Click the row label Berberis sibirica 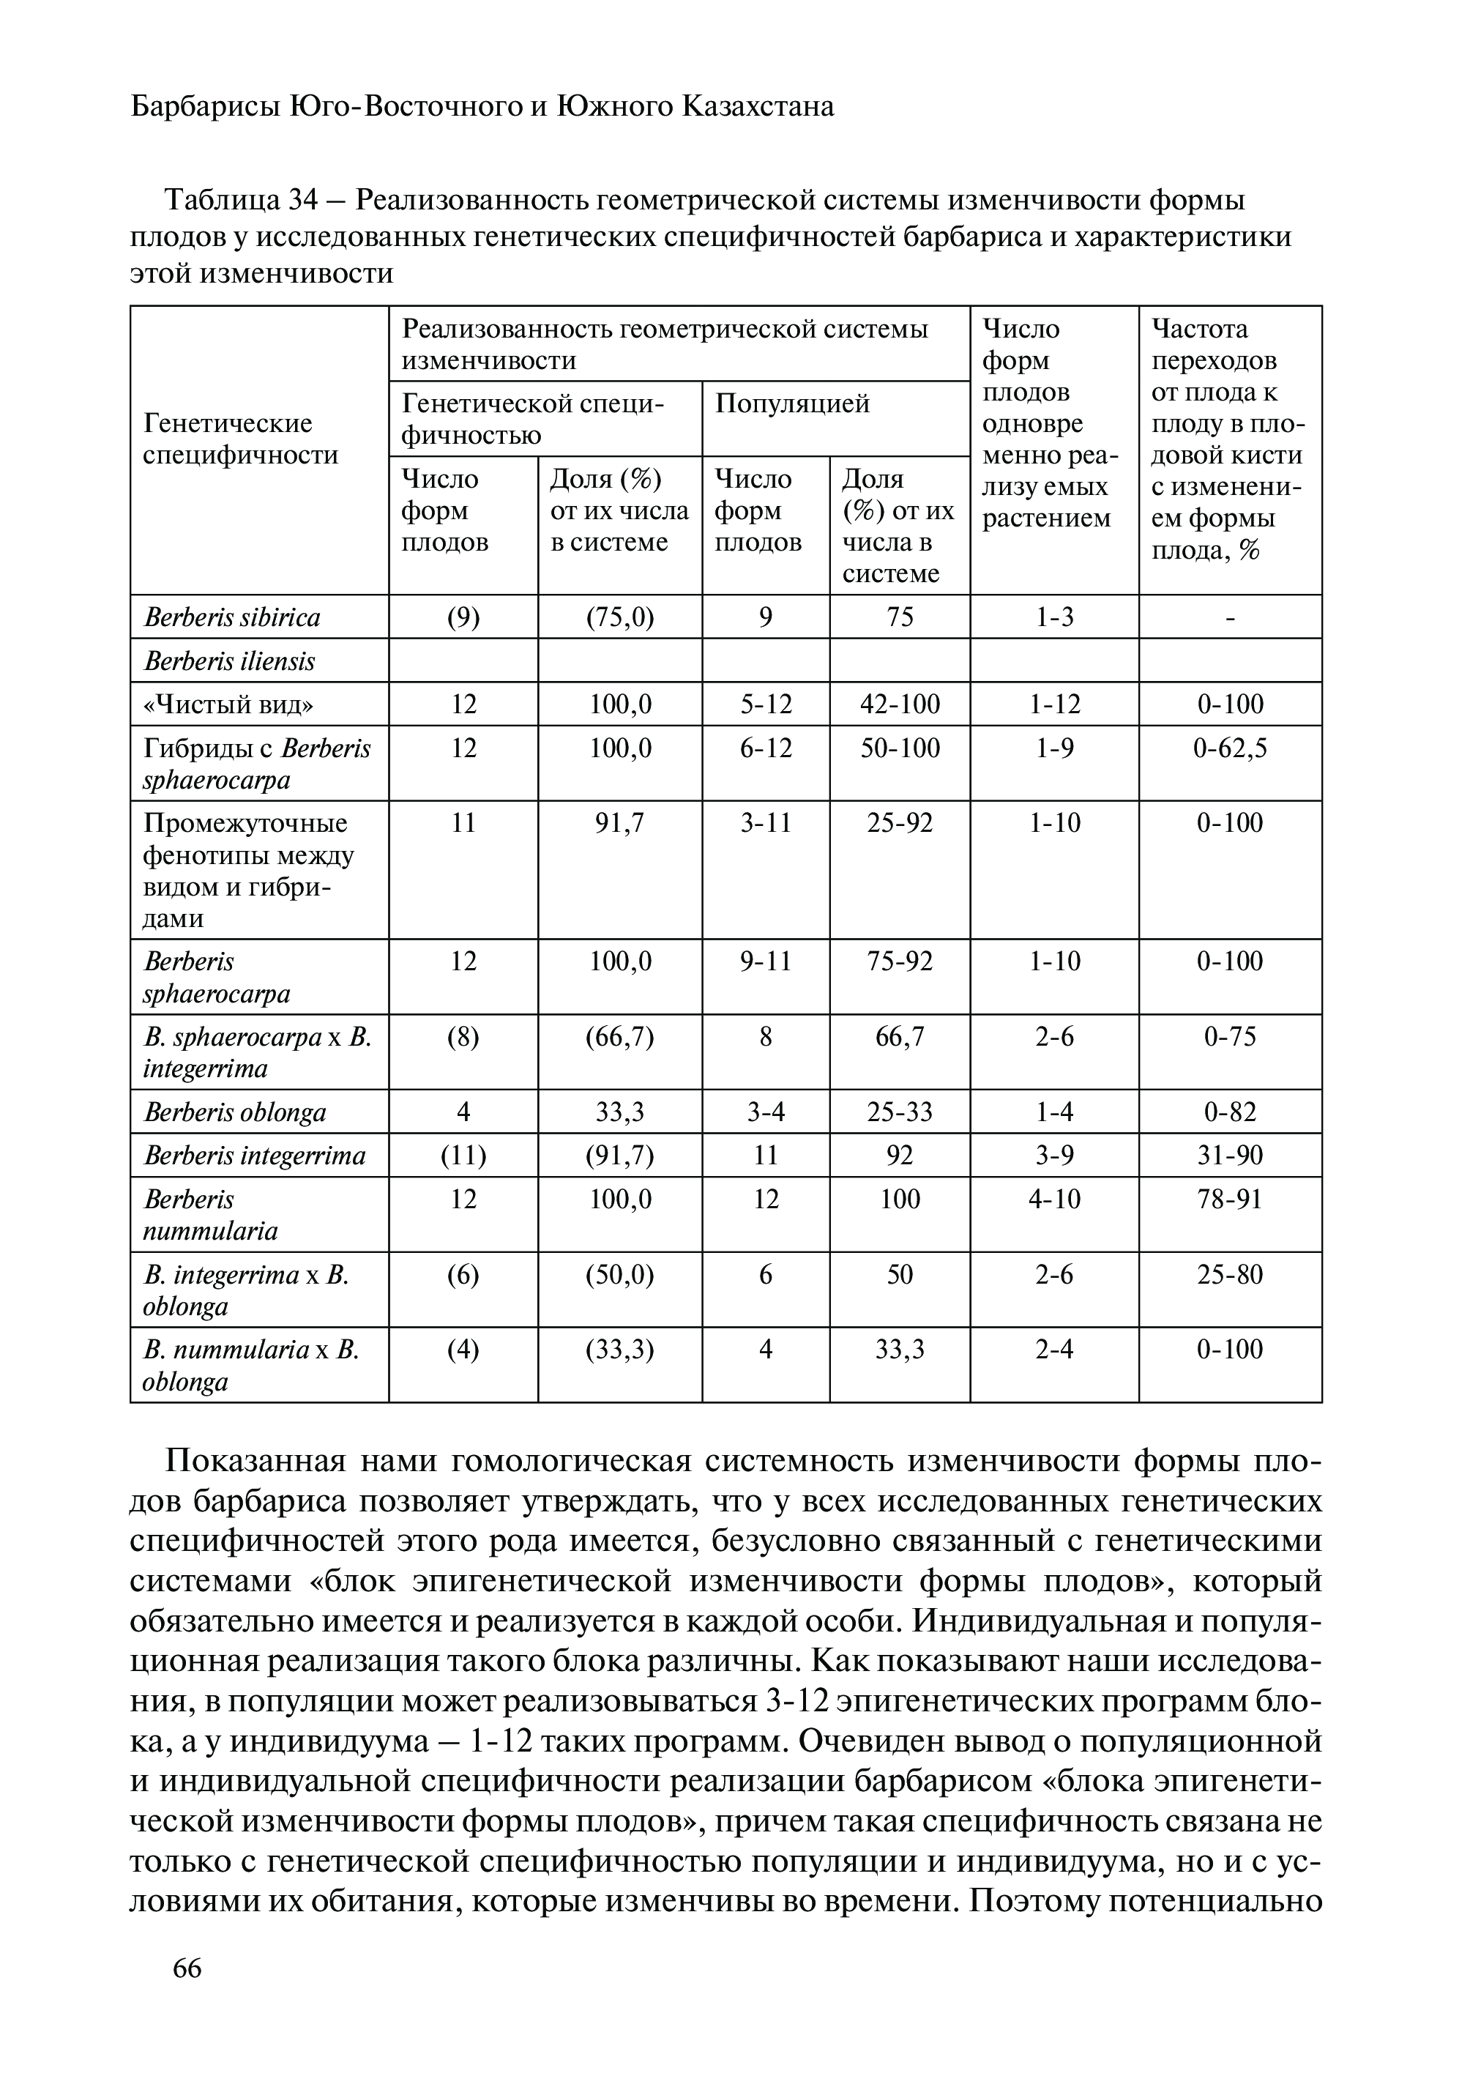pos(232,617)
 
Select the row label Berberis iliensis pos(229,661)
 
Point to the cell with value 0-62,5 pos(1229,748)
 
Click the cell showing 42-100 pos(899,704)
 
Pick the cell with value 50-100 pos(899,748)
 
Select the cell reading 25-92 pos(899,823)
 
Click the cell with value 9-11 pos(765,961)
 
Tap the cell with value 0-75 pos(1229,1035)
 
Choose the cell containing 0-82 pos(1229,1112)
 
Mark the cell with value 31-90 pos(1229,1156)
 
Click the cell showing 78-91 pos(1229,1199)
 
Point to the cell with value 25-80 pos(1229,1274)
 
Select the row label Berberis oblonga pos(234,1112)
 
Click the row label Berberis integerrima pos(254,1156)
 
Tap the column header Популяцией pos(792,403)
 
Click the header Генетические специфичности pos(240,439)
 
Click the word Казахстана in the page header pos(758,107)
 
